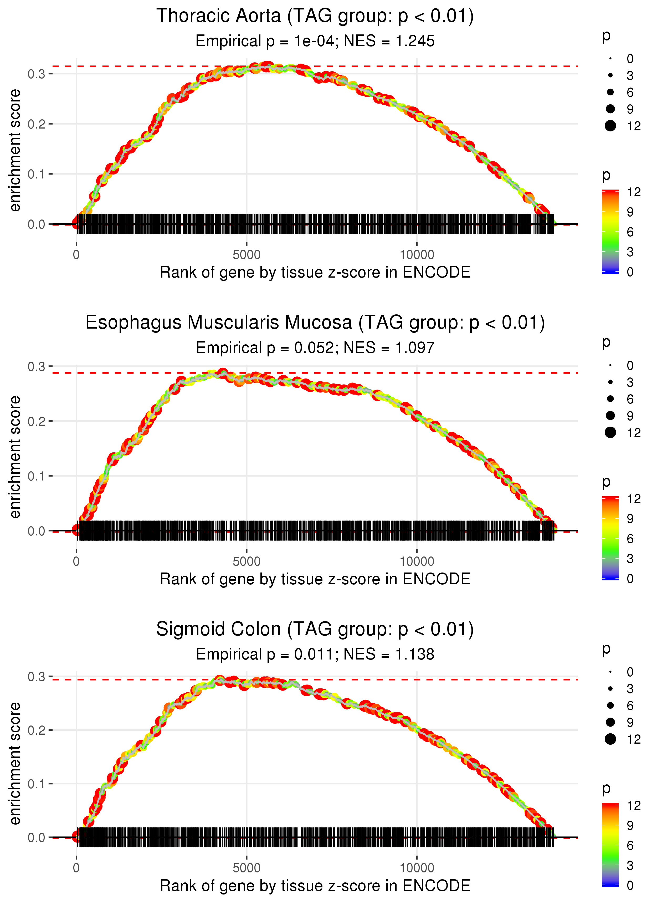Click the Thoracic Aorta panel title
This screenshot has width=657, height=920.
315,16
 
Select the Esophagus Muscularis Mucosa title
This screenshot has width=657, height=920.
315,323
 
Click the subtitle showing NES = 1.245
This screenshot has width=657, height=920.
315,41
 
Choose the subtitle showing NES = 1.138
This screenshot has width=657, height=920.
315,655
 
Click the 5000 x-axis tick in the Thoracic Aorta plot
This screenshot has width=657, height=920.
247,255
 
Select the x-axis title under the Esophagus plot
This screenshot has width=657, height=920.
315,579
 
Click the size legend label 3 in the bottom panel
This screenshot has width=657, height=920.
630,689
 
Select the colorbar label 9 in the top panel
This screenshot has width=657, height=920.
630,212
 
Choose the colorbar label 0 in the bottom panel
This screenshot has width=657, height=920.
630,886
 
